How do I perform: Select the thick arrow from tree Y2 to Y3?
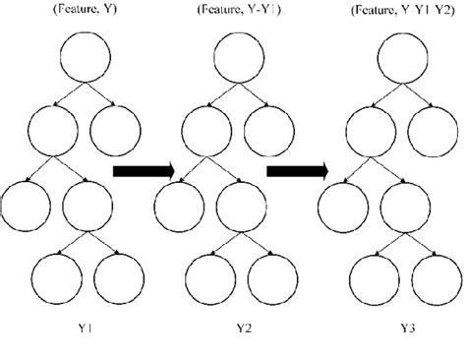tap(298, 172)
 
